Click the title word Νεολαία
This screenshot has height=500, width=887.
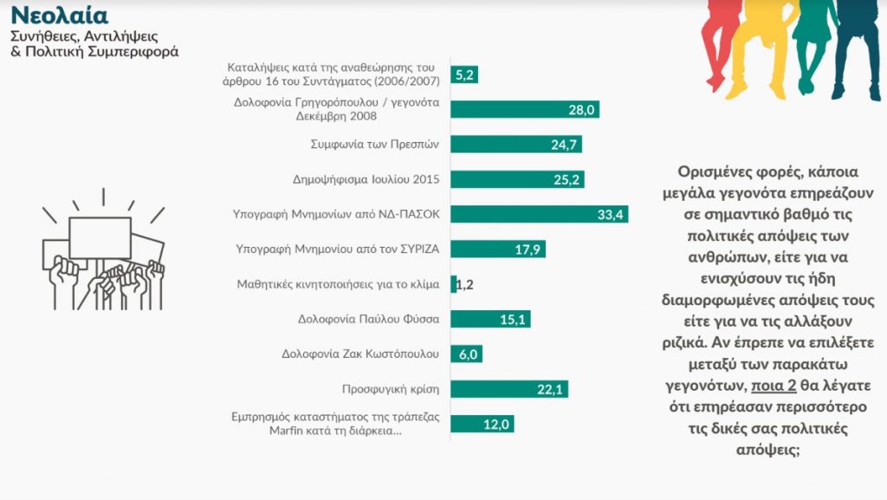click(x=60, y=16)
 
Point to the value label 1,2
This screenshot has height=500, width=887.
click(x=466, y=284)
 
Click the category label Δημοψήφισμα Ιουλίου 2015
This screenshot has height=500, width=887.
click(x=366, y=179)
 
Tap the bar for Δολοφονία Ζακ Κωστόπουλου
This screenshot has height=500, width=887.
click(x=466, y=354)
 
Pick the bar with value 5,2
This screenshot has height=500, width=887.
click(x=464, y=75)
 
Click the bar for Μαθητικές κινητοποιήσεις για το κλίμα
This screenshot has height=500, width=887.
click(x=453, y=284)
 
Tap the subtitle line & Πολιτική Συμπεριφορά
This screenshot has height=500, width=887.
click(x=94, y=52)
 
